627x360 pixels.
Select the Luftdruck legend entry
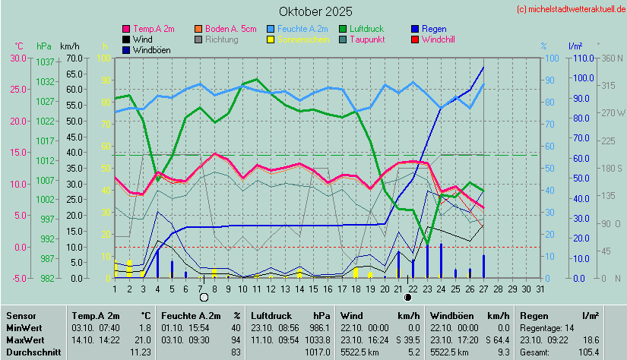tap(370, 28)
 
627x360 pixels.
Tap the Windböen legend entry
tap(150, 50)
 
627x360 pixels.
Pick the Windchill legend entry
tap(438, 39)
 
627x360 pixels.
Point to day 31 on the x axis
tap(540, 289)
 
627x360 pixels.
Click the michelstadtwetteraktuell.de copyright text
tap(571, 9)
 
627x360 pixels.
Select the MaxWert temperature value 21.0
tap(142, 339)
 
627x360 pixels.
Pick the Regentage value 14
tap(569, 326)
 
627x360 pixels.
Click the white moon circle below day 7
tap(204, 297)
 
